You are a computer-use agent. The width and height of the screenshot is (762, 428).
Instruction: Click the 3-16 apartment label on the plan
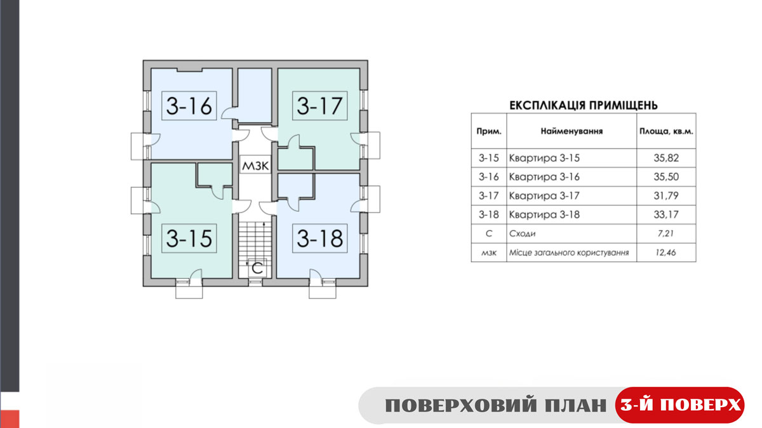point(189,106)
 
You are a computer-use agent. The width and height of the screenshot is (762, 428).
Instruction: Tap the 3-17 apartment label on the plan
point(320,106)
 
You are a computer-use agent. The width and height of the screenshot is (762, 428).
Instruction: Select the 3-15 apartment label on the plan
point(189,238)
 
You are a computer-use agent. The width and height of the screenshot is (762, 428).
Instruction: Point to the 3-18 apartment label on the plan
point(320,238)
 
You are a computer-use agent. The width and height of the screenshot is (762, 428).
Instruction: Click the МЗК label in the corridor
point(255,165)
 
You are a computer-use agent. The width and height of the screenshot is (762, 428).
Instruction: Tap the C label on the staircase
point(258,268)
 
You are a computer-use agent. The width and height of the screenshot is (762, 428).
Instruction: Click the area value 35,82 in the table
point(666,158)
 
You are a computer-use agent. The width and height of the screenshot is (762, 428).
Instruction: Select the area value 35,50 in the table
point(666,177)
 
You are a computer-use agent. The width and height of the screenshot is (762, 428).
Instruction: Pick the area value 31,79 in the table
point(666,196)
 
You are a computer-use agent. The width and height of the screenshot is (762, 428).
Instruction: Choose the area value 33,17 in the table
point(666,215)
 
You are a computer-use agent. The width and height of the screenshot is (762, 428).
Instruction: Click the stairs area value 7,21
point(665,234)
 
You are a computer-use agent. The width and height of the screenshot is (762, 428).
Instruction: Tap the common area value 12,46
point(665,253)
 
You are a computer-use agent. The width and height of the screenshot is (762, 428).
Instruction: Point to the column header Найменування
point(571,131)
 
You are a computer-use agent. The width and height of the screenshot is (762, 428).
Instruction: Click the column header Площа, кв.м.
point(666,131)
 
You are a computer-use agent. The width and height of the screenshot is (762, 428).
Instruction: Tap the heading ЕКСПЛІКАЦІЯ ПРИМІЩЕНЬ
point(584,106)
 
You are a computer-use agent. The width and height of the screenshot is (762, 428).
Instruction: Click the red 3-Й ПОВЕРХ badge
point(679,405)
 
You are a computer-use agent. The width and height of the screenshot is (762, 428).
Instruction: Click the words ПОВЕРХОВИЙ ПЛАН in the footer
point(496,406)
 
